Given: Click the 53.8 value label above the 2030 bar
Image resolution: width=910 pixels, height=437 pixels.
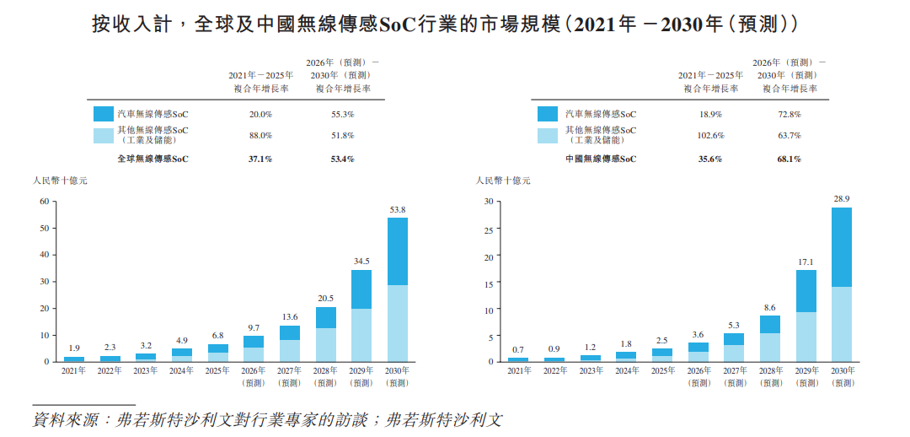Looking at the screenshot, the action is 398,210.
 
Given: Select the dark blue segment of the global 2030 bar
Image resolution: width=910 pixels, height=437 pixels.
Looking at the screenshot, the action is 398,251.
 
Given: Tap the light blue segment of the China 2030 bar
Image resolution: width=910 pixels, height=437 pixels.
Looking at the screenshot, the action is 842,324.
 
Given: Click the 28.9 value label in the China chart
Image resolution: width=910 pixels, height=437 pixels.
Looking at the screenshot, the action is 842,199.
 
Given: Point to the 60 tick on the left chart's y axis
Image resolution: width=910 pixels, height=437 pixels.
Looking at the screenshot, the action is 44,202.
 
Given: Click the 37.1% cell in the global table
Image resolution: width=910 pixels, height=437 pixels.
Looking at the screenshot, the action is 260,159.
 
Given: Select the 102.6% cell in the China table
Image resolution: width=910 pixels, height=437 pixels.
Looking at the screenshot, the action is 710,135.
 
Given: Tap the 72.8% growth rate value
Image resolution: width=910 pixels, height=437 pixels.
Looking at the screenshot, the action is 790,115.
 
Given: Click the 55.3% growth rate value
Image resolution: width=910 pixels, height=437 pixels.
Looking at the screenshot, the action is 343,115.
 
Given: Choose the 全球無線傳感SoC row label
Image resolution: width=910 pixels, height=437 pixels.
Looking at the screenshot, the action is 153,159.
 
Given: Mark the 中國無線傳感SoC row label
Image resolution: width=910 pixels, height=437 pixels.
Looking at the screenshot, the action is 601,159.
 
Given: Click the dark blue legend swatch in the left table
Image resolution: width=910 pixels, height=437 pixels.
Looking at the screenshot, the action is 103,114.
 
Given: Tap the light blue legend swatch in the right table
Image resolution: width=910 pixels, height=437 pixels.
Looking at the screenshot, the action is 548,135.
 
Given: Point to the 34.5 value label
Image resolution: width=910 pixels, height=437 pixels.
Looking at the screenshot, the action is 361,262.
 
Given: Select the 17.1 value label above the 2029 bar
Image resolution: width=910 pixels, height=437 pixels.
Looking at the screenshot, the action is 806,262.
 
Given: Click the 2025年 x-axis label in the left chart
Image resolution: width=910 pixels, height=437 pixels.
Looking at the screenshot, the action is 217,370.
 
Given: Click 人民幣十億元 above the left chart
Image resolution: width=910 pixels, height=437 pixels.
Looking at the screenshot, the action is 60,181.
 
